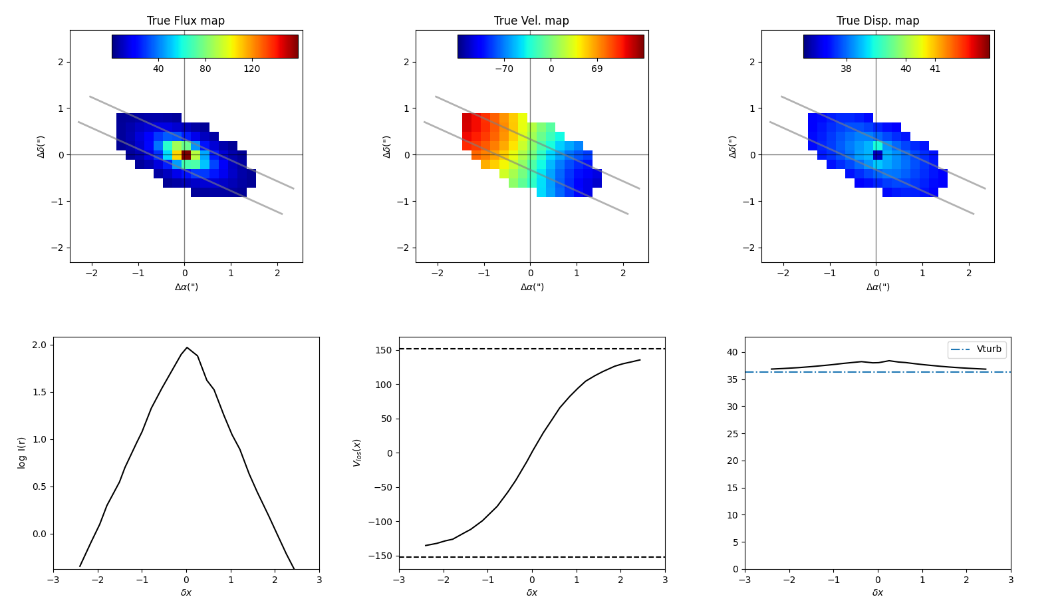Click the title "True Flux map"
186,21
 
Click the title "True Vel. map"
531,21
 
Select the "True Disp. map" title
877,21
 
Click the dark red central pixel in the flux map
186,155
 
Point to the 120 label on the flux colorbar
251,69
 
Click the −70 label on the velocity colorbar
503,69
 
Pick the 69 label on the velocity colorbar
597,69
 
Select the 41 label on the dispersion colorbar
935,69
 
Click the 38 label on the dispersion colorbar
846,69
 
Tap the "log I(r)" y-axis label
22,453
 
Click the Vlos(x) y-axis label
357,453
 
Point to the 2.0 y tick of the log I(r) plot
39,345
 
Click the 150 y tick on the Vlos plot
382,350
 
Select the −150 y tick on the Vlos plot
380,556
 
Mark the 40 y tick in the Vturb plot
733,353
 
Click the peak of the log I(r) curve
187,347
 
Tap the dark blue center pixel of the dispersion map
878,155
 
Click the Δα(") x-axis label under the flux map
186,287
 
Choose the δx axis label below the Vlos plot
532,592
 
